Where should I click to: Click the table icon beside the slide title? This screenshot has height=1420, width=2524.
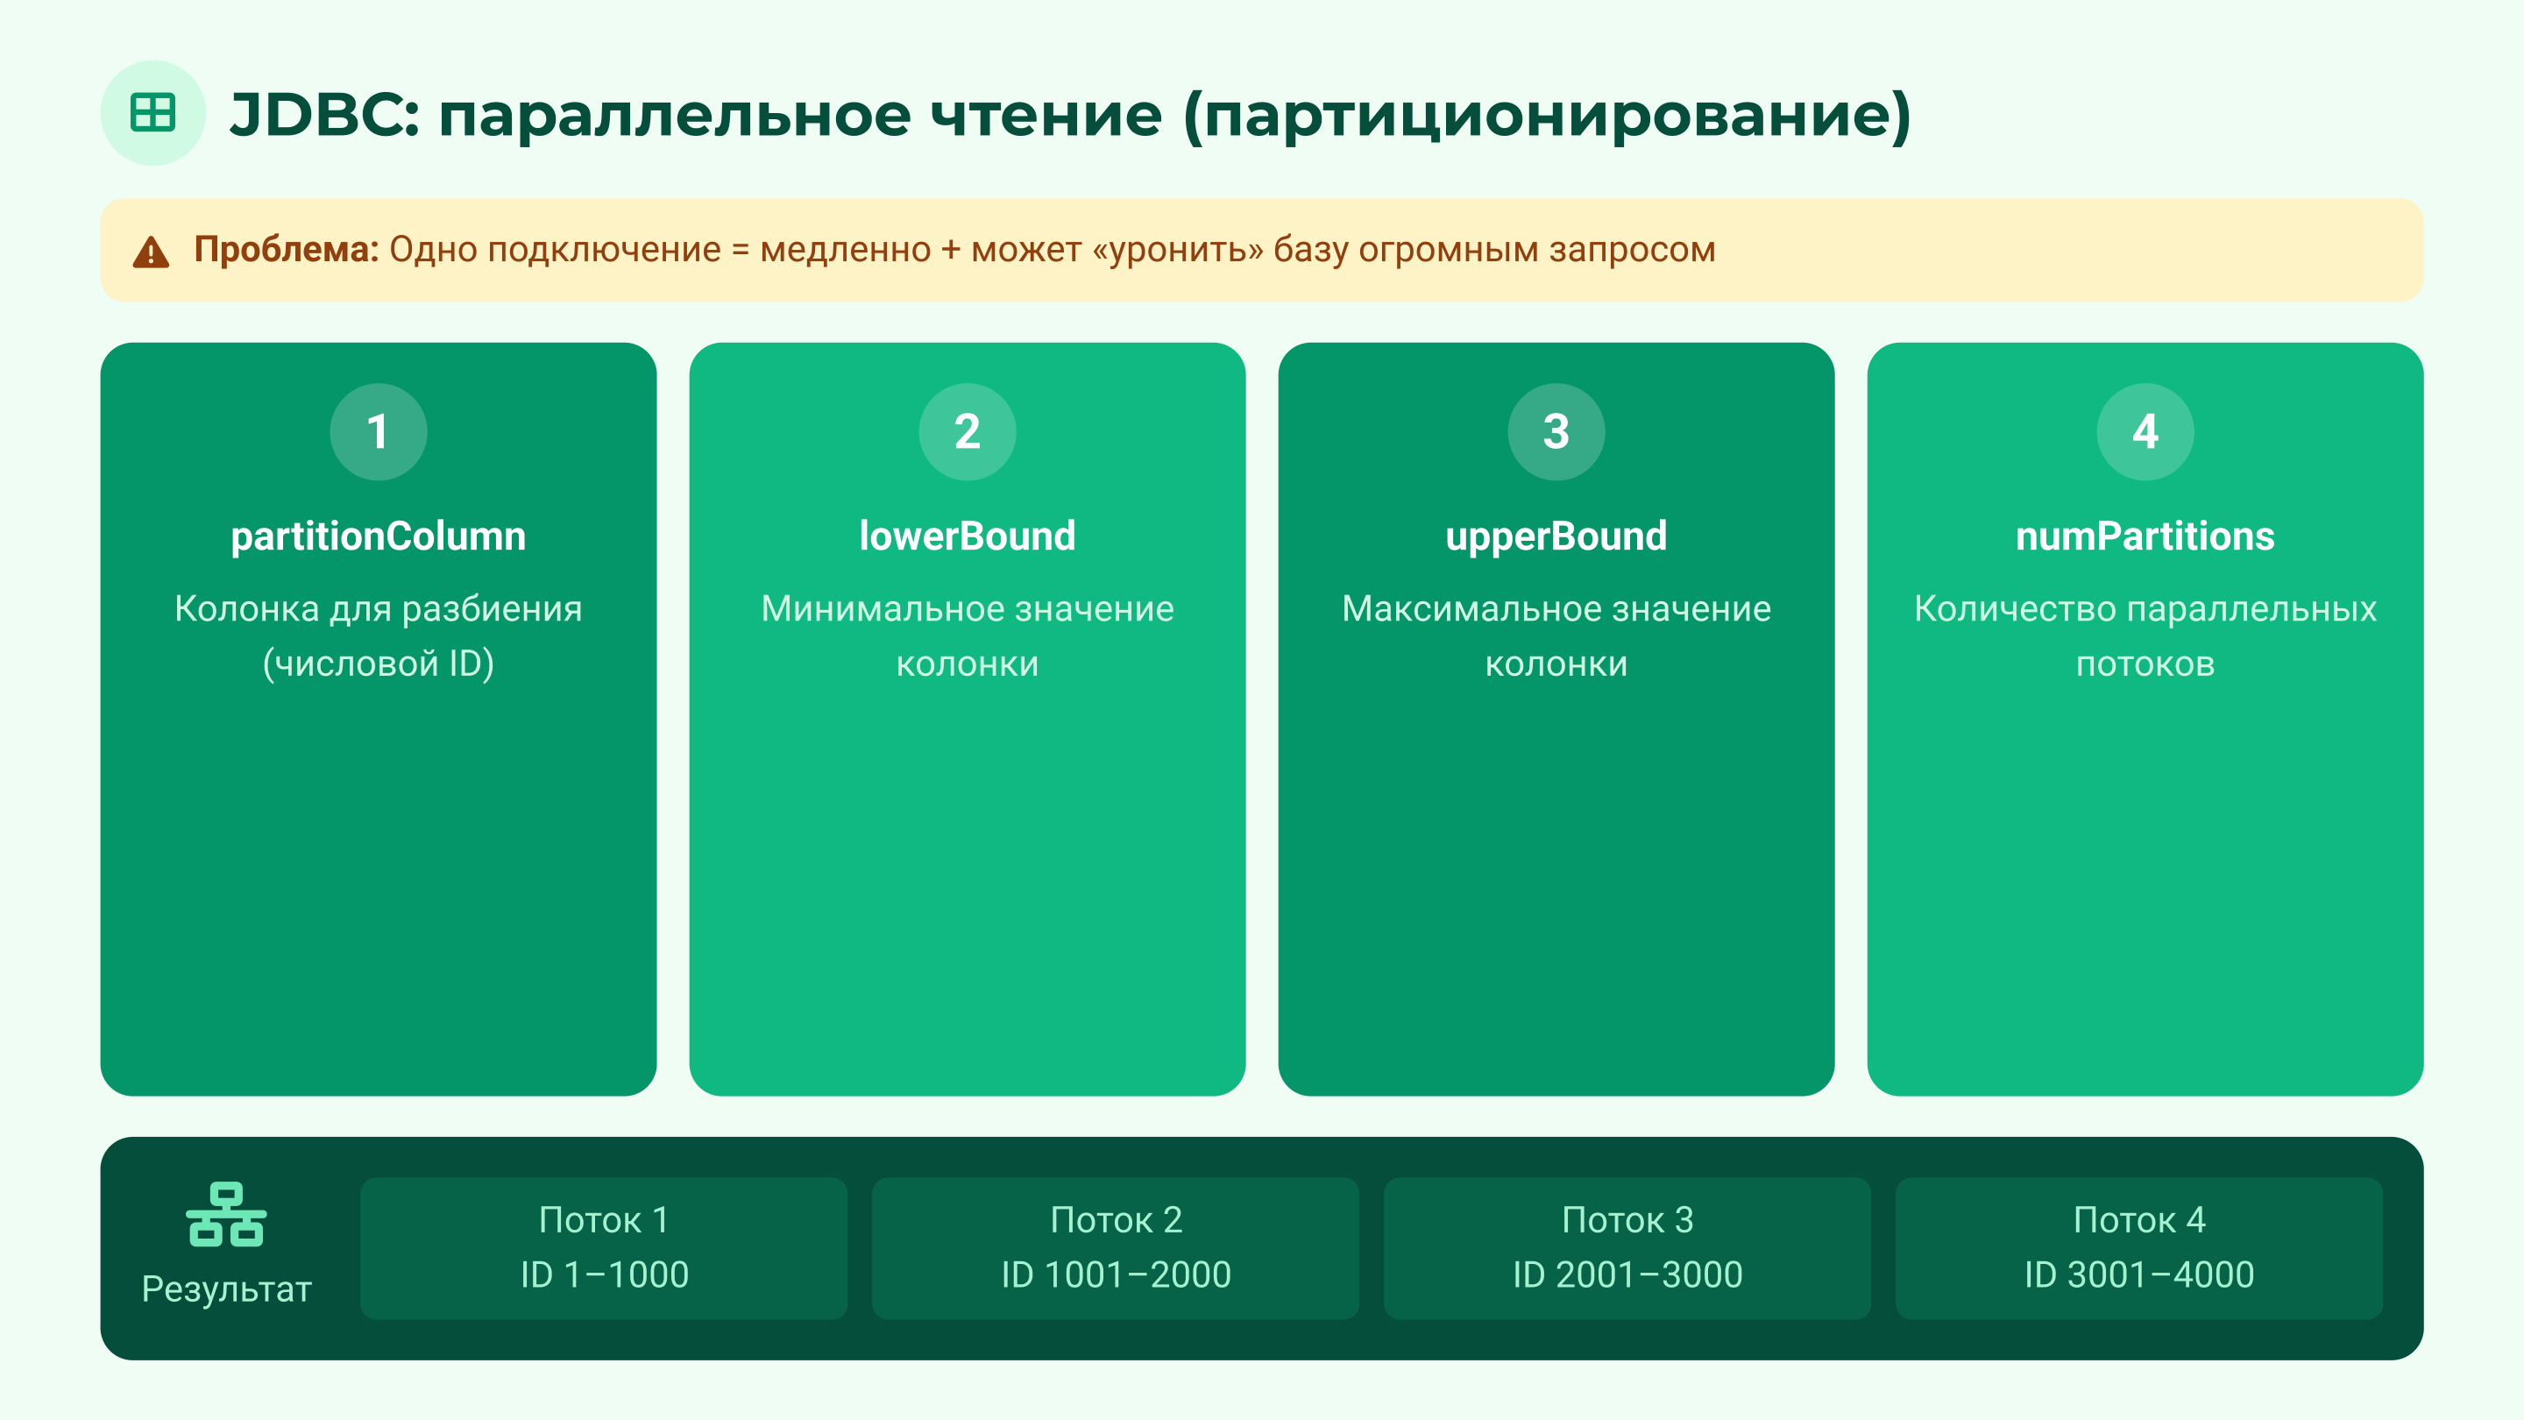click(152, 113)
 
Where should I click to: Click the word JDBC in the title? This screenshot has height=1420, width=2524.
click(323, 115)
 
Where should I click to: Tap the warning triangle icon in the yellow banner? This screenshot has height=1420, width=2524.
click(151, 252)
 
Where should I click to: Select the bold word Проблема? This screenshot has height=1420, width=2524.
click(285, 250)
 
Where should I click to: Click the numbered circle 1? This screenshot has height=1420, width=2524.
click(379, 431)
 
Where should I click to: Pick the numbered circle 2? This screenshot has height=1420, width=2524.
click(967, 431)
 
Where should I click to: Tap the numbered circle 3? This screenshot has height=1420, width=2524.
click(1556, 431)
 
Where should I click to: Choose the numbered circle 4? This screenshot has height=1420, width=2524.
click(2145, 431)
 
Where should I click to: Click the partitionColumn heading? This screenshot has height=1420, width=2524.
click(379, 536)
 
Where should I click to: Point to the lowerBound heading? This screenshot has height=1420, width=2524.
click(967, 536)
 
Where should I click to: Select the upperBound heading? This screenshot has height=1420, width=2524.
click(1556, 536)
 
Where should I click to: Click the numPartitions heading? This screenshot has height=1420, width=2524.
click(2145, 536)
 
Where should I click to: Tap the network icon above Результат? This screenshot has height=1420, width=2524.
click(226, 1215)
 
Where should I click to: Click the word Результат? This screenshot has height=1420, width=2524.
click(226, 1289)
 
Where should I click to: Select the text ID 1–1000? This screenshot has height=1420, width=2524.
click(605, 1275)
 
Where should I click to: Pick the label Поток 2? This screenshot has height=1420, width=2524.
click(1116, 1220)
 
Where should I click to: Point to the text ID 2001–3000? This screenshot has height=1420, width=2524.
click(1627, 1275)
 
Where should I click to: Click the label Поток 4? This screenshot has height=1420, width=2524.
click(2139, 1220)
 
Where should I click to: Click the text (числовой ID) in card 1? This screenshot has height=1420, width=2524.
click(379, 664)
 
